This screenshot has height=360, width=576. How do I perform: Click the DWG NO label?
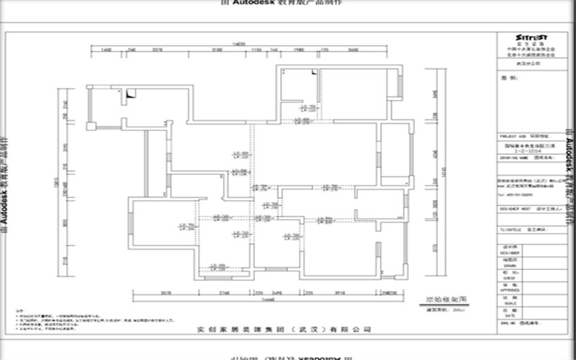pos(505,323)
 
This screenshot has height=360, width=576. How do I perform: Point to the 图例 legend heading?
pos(505,76)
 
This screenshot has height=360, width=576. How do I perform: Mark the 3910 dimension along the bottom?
pos(341,294)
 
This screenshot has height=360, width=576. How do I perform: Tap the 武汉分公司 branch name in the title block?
pos(528,63)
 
